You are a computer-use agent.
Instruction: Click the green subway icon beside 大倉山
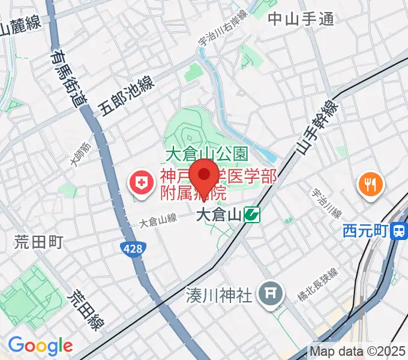coord(252,214)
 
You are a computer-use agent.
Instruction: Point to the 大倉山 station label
coord(219,214)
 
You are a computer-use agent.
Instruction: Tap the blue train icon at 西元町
coord(398,231)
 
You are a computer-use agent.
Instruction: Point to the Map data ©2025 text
coord(358,350)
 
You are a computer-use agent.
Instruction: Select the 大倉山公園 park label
coord(206,154)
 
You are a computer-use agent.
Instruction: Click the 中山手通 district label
coord(301,19)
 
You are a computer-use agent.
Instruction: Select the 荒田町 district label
coord(39,242)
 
